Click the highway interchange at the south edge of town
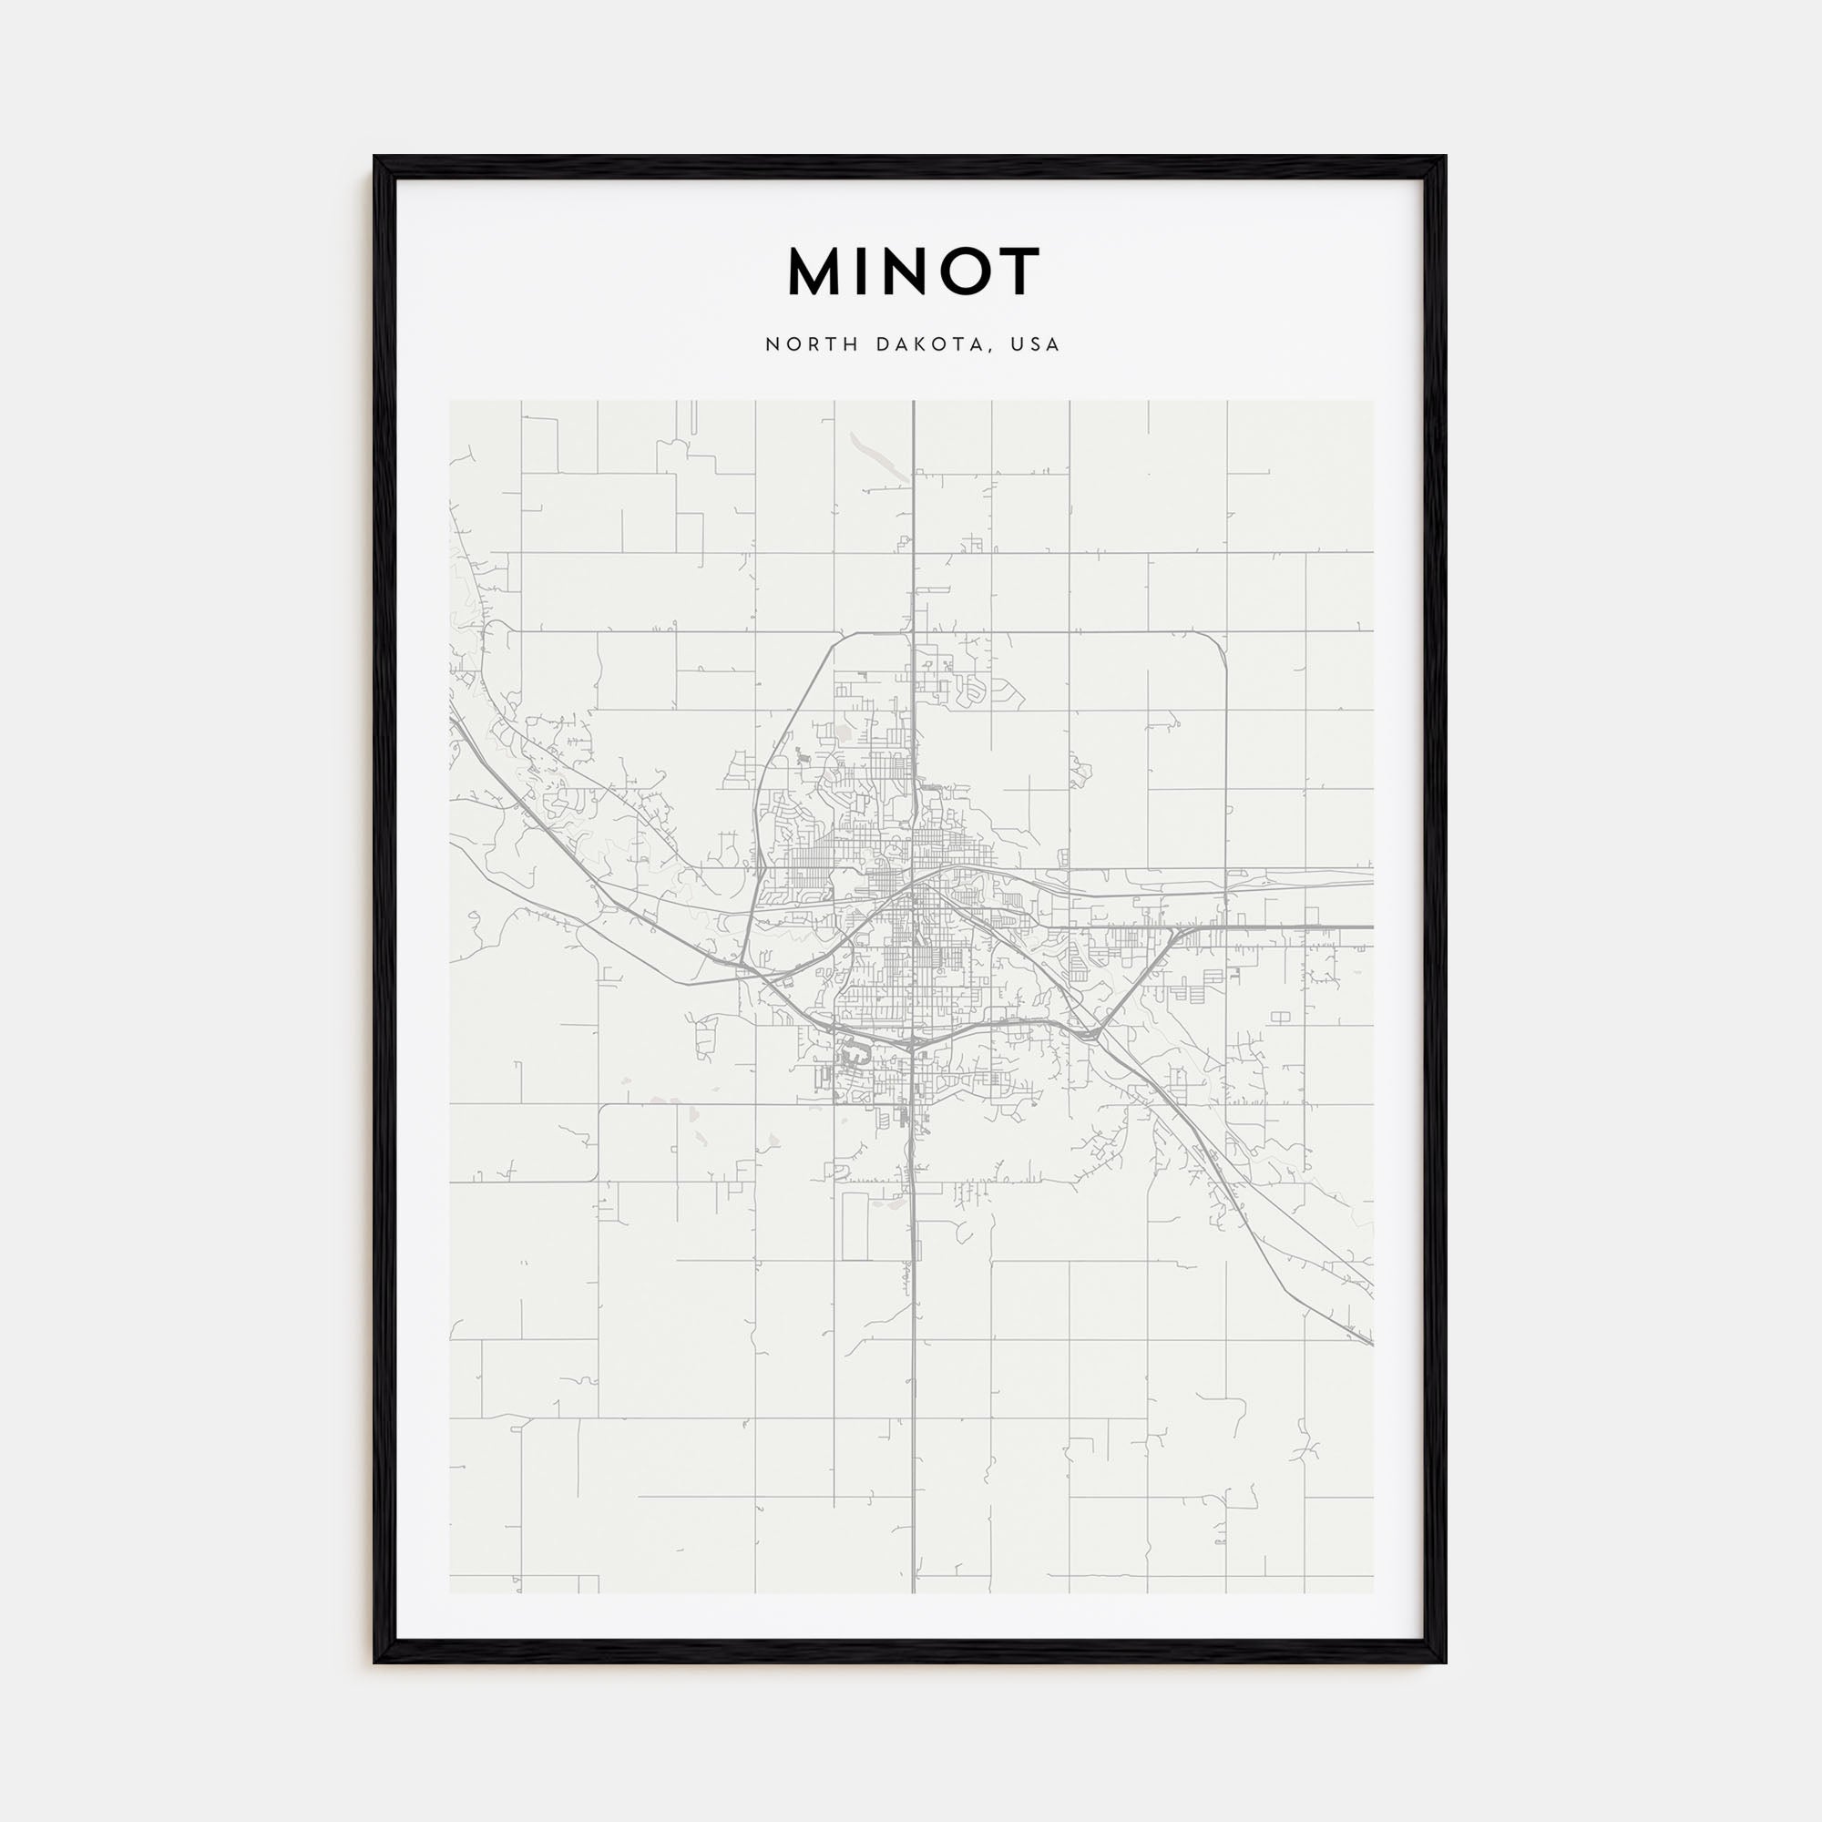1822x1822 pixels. tap(911, 1045)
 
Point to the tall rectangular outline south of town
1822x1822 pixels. tap(855, 1226)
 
